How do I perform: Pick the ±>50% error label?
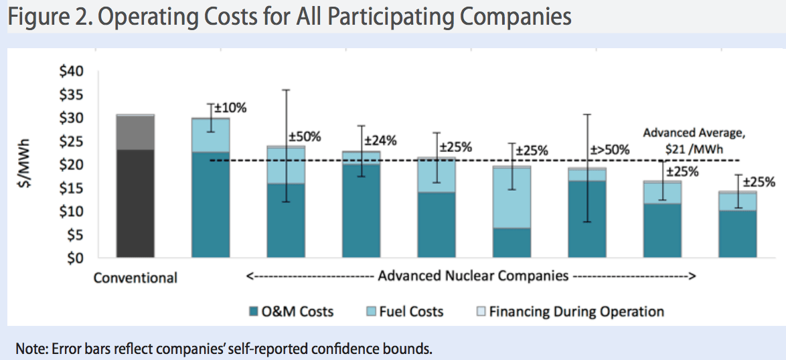pyautogui.click(x=611, y=150)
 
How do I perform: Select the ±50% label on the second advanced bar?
pyautogui.click(x=305, y=137)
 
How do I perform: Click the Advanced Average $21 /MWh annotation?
pyautogui.click(x=694, y=139)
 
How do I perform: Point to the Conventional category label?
pyautogui.click(x=135, y=278)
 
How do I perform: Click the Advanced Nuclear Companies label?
pyautogui.click(x=471, y=276)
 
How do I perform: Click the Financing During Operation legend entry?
pyautogui.click(x=568, y=312)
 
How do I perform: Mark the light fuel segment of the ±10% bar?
pyautogui.click(x=211, y=135)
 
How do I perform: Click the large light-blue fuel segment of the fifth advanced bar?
pyautogui.click(x=512, y=198)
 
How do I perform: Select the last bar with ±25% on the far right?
pyautogui.click(x=738, y=225)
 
